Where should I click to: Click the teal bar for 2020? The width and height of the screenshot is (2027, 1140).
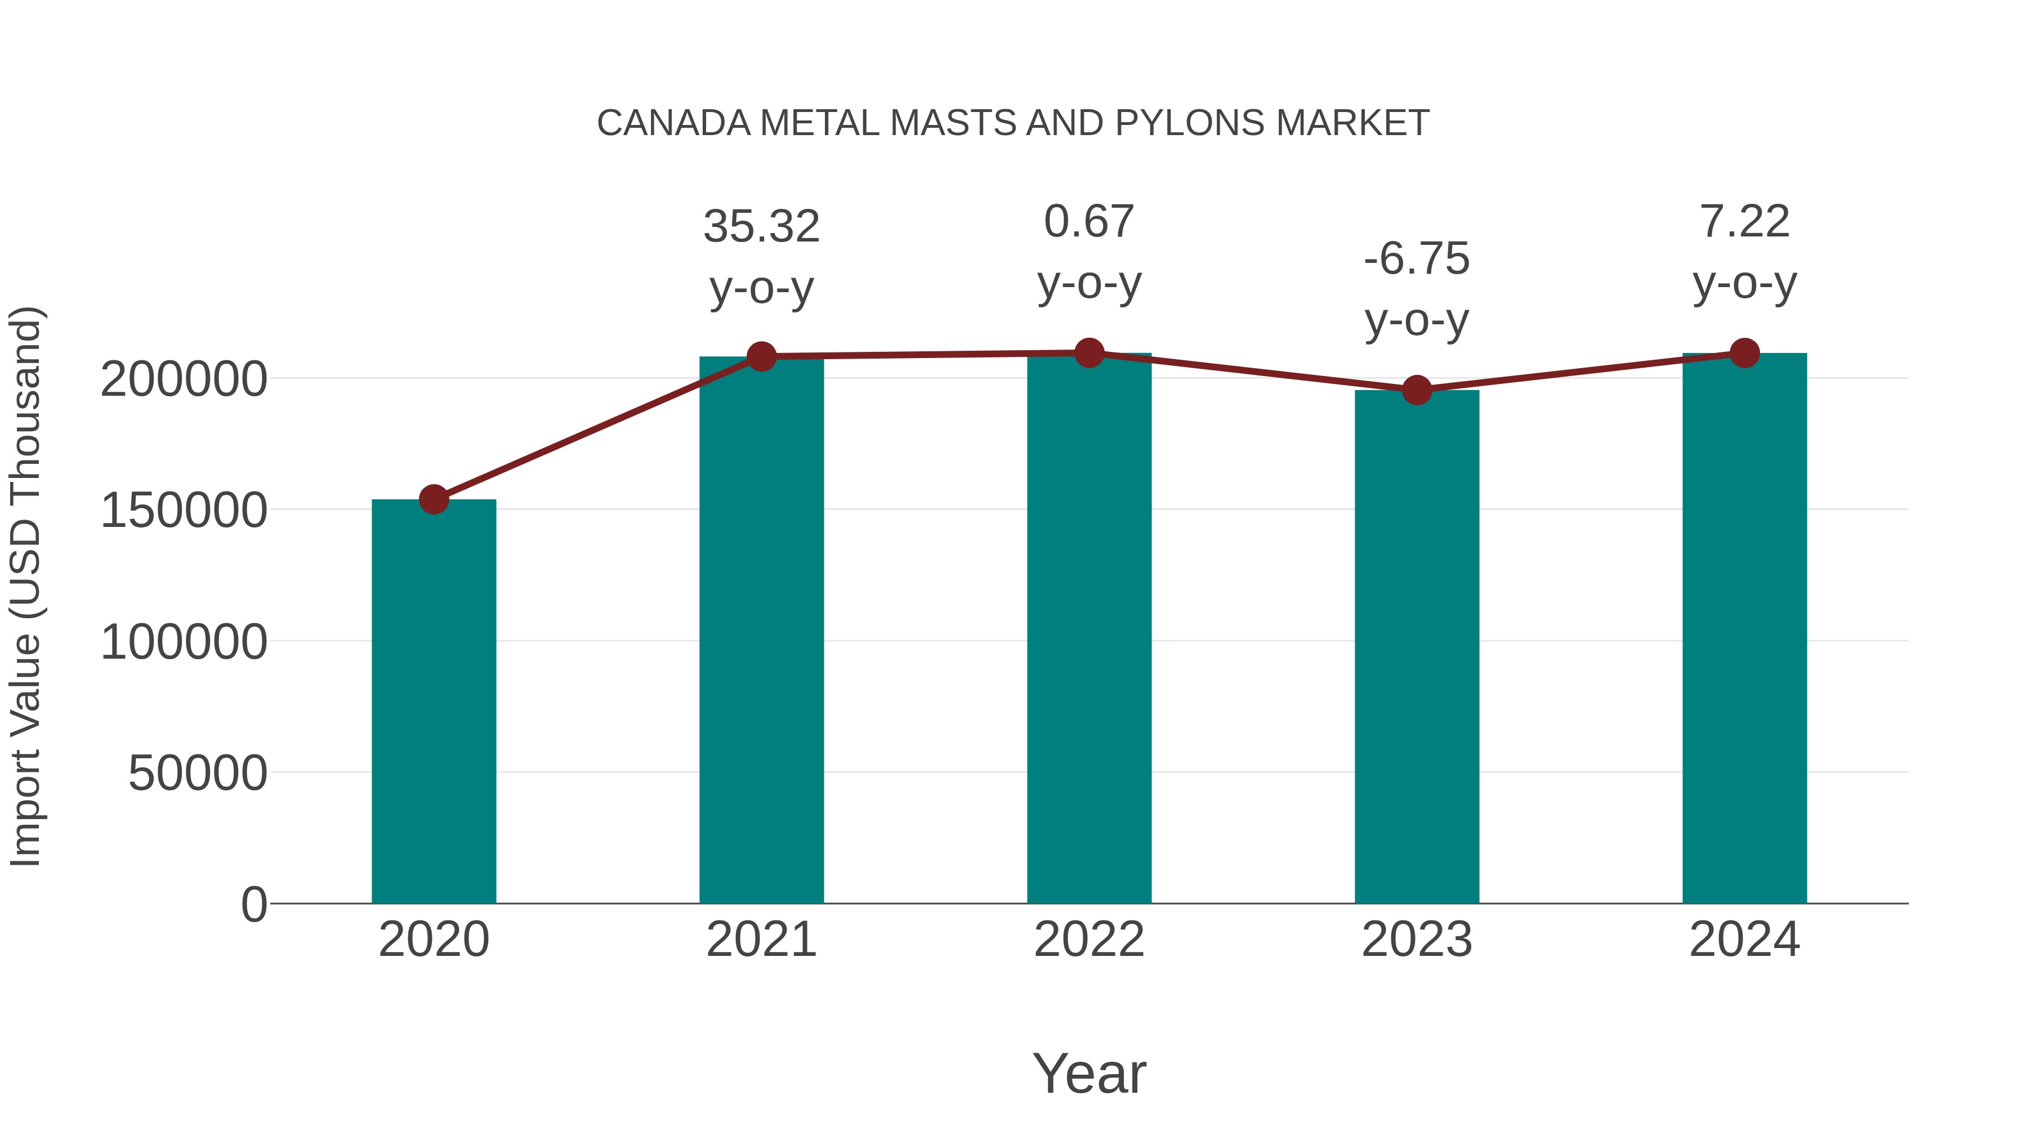(434, 700)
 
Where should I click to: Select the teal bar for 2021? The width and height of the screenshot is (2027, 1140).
(761, 629)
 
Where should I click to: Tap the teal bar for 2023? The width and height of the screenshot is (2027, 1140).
(1417, 645)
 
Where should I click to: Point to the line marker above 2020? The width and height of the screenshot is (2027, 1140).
(434, 499)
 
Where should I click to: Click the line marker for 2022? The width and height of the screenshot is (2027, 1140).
(1089, 353)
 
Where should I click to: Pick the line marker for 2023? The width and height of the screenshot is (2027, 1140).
(1417, 390)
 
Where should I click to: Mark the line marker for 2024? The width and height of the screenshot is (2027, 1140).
(1744, 353)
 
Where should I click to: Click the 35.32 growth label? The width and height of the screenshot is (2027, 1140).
(761, 226)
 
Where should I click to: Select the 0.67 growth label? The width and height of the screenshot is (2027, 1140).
(1089, 221)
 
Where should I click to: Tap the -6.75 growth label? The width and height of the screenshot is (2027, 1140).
(1417, 259)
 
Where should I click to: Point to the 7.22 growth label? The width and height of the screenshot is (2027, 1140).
(1744, 221)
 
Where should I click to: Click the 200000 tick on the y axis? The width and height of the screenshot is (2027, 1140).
(184, 379)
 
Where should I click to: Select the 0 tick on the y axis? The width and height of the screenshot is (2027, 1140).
(254, 904)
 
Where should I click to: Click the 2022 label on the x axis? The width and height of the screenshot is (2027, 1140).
(1089, 940)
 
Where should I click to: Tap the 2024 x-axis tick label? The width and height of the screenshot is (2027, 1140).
(1744, 940)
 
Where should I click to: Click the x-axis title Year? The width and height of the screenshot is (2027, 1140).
(1089, 1073)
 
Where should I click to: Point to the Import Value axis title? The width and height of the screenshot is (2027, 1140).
(26, 586)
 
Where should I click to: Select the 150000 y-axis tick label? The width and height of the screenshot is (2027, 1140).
(184, 511)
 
